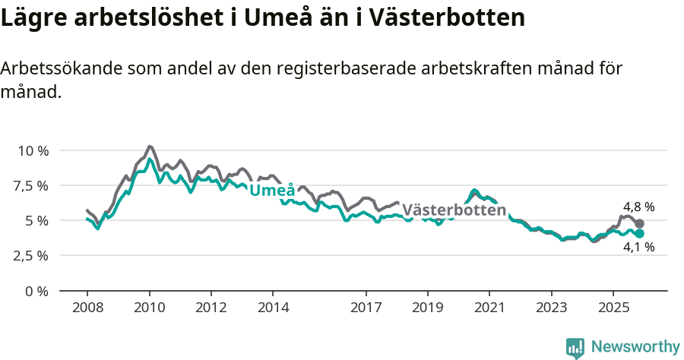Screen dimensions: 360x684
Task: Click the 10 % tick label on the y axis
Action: click(33, 150)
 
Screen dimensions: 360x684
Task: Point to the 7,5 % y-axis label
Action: click(33, 185)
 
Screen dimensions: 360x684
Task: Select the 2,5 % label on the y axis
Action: click(33, 255)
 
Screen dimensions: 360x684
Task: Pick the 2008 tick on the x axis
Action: click(87, 308)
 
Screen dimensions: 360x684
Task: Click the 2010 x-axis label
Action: click(149, 308)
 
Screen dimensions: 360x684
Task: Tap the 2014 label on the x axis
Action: click(273, 308)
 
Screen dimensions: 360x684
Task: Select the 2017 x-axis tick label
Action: click(366, 308)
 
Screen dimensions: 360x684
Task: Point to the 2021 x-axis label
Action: click(489, 308)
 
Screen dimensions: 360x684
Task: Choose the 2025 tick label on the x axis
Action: click(613, 308)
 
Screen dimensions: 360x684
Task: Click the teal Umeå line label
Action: click(272, 191)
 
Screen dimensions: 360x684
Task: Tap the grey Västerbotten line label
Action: click(454, 210)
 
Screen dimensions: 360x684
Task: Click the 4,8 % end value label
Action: click(638, 207)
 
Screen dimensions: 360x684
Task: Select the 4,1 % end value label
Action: click(638, 247)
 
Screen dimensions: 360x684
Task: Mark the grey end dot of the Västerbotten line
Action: click(639, 224)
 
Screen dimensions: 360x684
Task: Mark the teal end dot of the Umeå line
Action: click(639, 234)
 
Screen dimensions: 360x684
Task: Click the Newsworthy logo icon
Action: click(575, 347)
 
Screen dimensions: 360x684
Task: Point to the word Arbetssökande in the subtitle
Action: click(57, 68)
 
